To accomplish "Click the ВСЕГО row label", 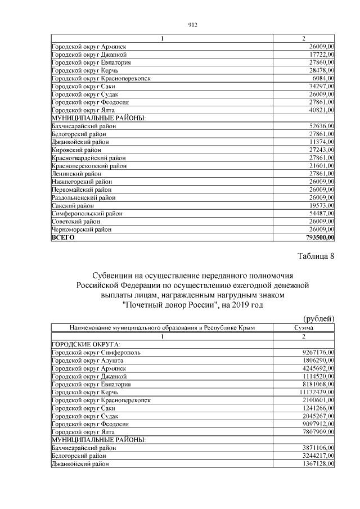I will tap(63, 237).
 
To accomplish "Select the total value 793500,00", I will tap(316, 237).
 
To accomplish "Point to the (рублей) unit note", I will tap(319, 318).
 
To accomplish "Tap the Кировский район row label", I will tap(76, 150).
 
